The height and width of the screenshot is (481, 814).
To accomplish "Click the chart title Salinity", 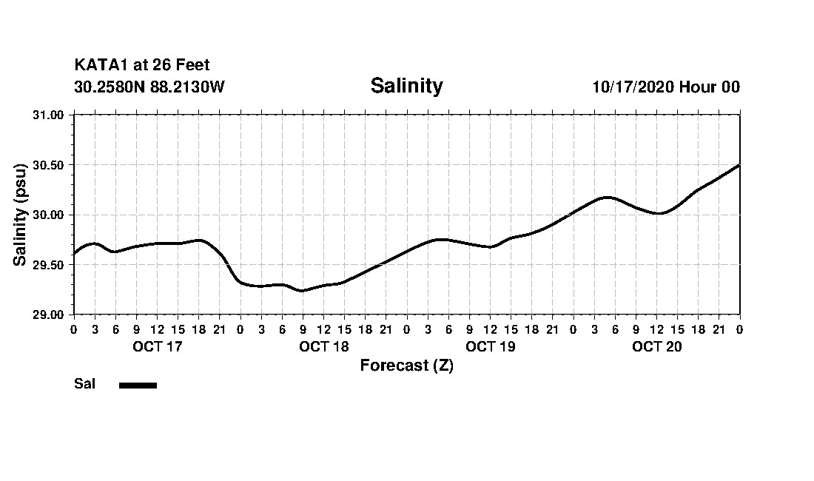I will (x=406, y=86).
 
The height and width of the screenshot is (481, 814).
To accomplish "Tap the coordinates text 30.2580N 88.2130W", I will (x=149, y=87).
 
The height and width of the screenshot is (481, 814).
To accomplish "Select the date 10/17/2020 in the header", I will (x=633, y=87).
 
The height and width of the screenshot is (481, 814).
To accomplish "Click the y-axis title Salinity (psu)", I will (x=20, y=215).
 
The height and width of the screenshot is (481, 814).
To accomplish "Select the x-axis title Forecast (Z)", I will (x=406, y=366).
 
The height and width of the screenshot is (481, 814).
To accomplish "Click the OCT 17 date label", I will (x=157, y=346).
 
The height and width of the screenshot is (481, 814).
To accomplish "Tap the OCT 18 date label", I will (x=323, y=346).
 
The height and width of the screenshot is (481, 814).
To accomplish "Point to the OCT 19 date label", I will (x=490, y=346).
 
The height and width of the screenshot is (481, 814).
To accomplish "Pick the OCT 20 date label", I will (x=656, y=346).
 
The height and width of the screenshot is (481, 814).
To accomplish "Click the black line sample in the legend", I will (x=138, y=385).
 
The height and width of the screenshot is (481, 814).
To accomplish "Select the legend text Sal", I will (x=84, y=384).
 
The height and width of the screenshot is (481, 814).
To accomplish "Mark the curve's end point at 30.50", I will (x=739, y=165).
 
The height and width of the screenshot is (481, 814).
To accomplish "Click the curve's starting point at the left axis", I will (x=74, y=254).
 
